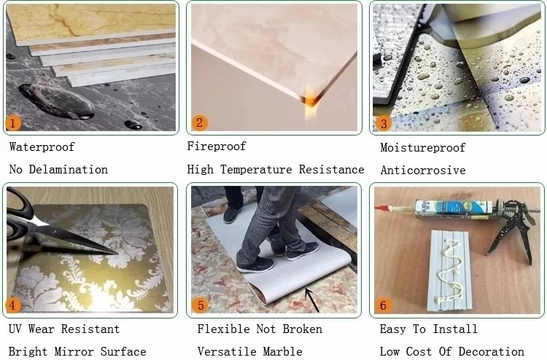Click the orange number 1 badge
click(x=14, y=122)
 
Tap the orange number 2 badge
click(x=200, y=122)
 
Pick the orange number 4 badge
click(x=14, y=305)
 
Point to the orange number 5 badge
click(x=201, y=305)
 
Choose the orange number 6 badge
click(x=384, y=305)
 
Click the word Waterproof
click(x=42, y=147)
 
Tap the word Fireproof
click(x=217, y=146)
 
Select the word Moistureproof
click(x=422, y=148)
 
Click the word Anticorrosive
click(x=422, y=170)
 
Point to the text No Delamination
click(x=58, y=169)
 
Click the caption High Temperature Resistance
click(x=275, y=169)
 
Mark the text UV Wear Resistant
click(x=64, y=329)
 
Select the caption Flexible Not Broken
click(x=259, y=329)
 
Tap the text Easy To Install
click(x=428, y=329)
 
